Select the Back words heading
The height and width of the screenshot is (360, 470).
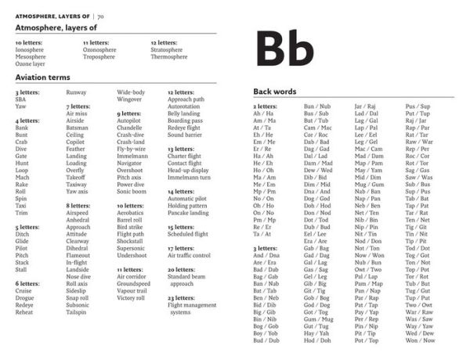coord(274,92)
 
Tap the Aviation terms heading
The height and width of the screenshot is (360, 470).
coord(42,77)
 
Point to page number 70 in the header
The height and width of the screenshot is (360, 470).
coord(102,15)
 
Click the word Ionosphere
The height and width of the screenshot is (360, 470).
coord(31,49)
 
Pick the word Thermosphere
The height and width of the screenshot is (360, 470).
coord(169,56)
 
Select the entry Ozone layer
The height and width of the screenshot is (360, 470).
coord(31,63)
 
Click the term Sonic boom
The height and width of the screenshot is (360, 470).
coord(132,191)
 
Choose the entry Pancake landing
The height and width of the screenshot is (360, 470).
coord(188,212)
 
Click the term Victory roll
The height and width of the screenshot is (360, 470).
coord(131,297)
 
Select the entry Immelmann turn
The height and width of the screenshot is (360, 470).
coord(189,177)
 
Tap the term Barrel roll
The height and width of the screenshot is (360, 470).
coord(130,219)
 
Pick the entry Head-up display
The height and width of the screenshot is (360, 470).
coord(188,170)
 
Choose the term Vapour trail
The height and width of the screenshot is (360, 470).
coord(132,290)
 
